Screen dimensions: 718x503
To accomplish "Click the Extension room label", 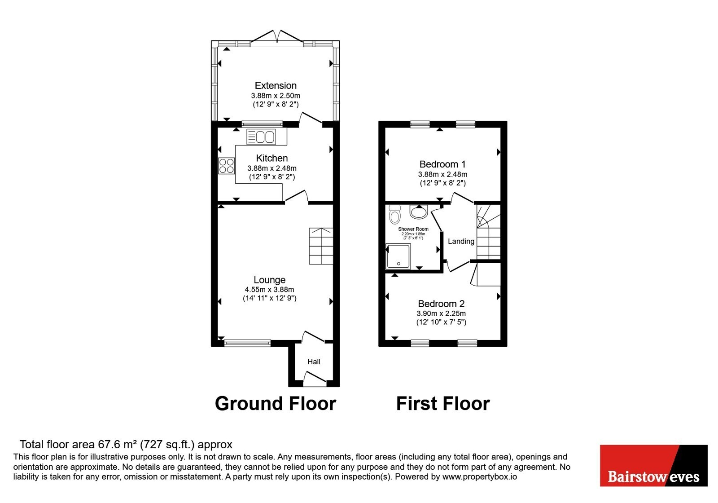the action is click(276, 86).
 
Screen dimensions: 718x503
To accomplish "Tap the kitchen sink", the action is click(261, 137).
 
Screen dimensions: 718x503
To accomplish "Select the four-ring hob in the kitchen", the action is click(226, 166).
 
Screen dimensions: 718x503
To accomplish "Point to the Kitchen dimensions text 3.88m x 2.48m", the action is click(272, 168).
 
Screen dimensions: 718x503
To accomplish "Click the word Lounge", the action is click(270, 280).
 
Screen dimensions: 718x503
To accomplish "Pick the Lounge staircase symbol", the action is click(321, 246).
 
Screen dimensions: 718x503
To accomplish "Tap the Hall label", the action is click(314, 362).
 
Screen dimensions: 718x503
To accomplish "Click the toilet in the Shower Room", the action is click(394, 214).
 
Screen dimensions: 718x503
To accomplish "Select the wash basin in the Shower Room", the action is click(419, 212).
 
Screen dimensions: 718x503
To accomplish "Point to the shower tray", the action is click(398, 256).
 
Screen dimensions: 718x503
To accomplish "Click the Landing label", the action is click(461, 241).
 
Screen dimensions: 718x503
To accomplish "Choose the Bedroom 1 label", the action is click(442, 164).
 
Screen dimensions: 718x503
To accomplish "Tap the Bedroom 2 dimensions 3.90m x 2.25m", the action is click(441, 314).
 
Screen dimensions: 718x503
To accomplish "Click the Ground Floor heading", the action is click(276, 404).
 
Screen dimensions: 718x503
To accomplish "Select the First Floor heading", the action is click(443, 404).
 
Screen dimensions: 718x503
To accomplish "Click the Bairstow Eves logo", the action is click(653, 465).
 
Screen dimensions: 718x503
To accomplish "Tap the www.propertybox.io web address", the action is click(480, 477).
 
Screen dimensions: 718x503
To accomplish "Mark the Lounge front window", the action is click(247, 344).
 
